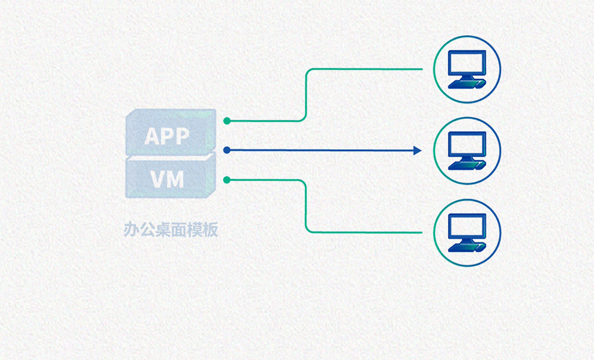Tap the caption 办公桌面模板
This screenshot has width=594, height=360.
pos(171,230)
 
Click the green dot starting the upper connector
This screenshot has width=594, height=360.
pos(227,121)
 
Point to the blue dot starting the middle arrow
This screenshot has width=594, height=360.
pos(227,150)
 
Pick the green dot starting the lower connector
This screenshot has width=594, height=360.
pos(227,180)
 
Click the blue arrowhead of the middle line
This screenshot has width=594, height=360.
pos(417,150)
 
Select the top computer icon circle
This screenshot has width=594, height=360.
pos(467,69)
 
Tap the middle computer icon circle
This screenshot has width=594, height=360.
pos(467,150)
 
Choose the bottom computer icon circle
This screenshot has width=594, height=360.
pos(467,232)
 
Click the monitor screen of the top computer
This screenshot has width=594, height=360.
pos(467,63)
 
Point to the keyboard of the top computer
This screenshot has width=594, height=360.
pos(467,84)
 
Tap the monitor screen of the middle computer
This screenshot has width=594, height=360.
pos(467,145)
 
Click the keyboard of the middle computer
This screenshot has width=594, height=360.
pos(467,166)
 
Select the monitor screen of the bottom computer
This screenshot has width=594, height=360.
pos(467,226)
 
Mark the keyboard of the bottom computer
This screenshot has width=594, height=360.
pos(467,248)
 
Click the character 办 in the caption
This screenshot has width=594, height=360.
pos(129,230)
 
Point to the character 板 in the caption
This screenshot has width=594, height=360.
pos(211,230)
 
